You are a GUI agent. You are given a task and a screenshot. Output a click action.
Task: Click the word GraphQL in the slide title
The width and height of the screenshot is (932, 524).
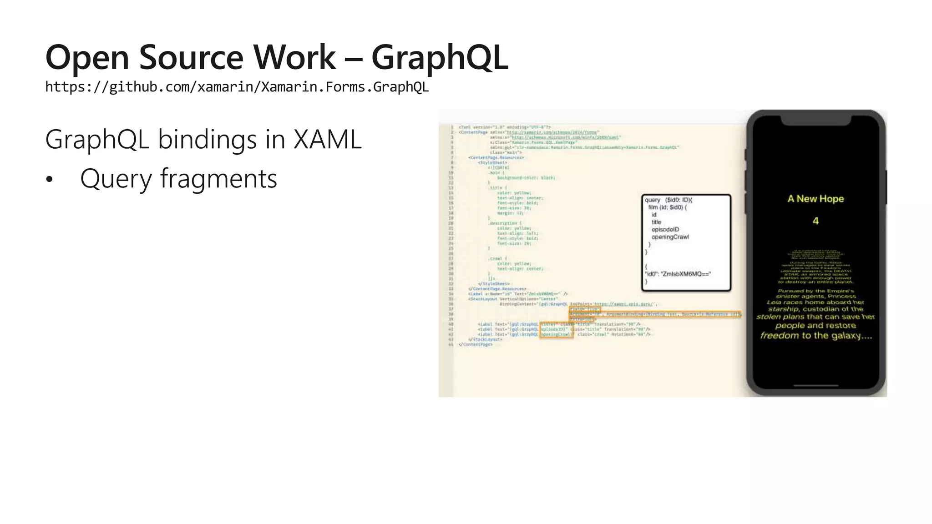click(x=440, y=58)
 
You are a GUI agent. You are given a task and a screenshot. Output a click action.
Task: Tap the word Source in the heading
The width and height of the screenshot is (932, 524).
click(x=191, y=58)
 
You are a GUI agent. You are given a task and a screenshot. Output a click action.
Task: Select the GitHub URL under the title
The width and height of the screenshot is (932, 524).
click(x=237, y=86)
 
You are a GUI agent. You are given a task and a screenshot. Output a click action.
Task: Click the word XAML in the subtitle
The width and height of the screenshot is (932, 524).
click(x=327, y=139)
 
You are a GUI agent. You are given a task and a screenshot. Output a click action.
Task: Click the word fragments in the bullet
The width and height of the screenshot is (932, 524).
click(x=218, y=178)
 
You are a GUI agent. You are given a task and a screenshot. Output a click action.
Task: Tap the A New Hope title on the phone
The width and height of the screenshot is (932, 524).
click(x=815, y=199)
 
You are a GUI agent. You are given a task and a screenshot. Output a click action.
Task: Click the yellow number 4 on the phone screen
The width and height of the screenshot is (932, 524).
click(x=815, y=221)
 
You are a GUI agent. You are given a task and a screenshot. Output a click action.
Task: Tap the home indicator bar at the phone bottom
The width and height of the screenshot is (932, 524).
click(x=815, y=385)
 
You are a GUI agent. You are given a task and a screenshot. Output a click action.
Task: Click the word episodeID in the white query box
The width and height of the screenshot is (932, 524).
click(x=665, y=230)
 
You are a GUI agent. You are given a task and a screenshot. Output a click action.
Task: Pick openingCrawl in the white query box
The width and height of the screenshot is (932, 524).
click(x=670, y=237)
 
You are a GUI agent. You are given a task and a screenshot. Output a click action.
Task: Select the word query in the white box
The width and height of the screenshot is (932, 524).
click(x=652, y=200)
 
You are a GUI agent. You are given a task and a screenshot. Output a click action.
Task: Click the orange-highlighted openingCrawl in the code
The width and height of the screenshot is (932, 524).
click(x=556, y=334)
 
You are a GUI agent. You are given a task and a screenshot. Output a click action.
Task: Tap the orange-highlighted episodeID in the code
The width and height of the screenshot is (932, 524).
click(x=554, y=329)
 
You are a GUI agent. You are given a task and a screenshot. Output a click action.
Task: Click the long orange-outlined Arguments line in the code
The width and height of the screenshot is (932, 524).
click(x=654, y=314)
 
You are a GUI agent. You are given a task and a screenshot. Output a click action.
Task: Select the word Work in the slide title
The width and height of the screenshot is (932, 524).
click(x=294, y=58)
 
